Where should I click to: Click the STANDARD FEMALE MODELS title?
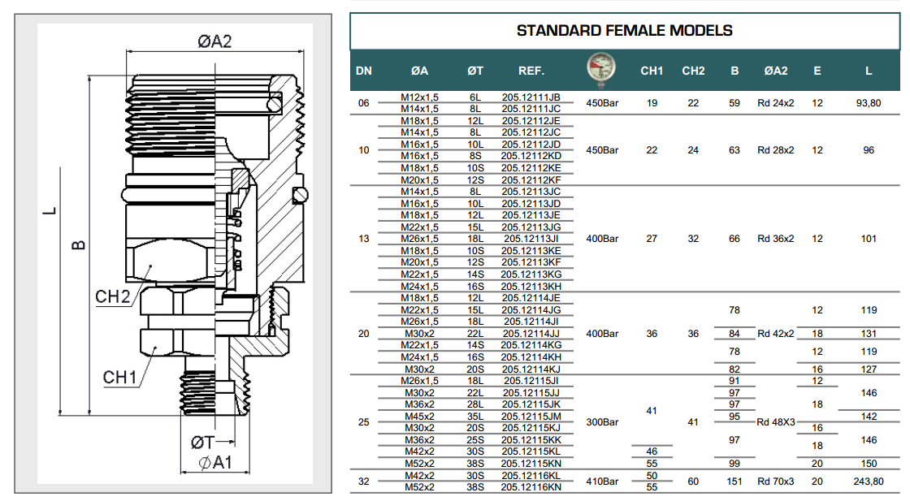pos(624,31)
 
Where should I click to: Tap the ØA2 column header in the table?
pos(775,71)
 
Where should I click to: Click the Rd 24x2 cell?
pos(775,103)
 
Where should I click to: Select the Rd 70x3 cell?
pos(775,482)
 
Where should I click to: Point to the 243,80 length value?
pos(868,482)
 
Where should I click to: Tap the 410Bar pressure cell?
pos(602,482)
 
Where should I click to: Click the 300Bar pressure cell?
pos(602,422)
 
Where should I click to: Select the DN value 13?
pos(363,239)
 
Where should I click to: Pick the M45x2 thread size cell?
pos(419,417)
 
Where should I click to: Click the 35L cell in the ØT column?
pos(475,417)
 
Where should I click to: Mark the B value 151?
pos(734,482)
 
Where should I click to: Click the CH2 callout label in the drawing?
pos(113,297)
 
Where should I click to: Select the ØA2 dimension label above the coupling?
pos(214,41)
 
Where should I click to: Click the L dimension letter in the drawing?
pos(51,211)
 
